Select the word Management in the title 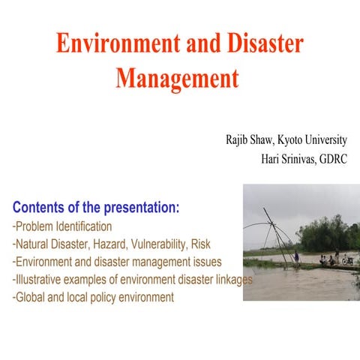click(x=177, y=79)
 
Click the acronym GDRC click(x=333, y=158)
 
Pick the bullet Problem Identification click(x=64, y=226)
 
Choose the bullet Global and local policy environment click(x=94, y=298)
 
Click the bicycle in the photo click(x=346, y=261)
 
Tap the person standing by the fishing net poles click(x=297, y=256)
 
